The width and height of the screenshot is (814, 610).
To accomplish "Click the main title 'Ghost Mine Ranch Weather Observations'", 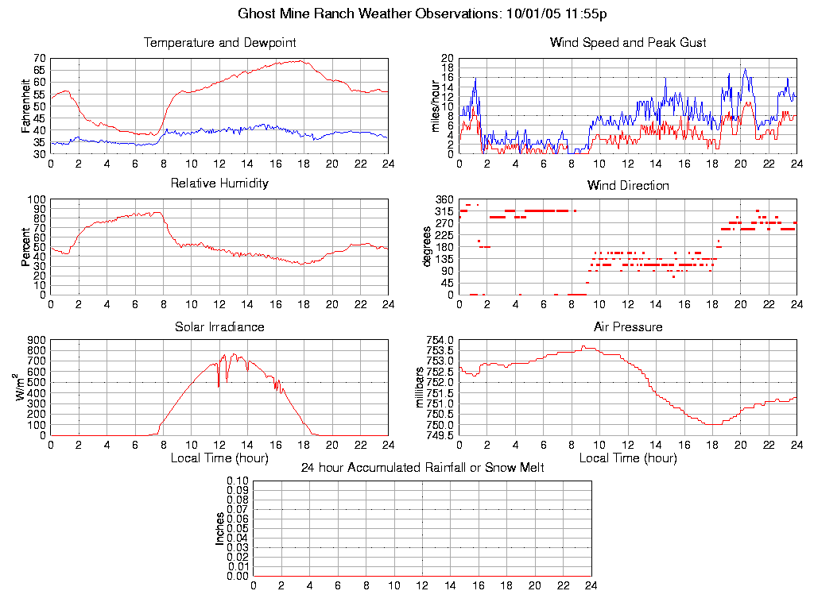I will click(370, 14).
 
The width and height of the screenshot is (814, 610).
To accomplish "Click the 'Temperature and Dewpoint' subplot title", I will click(219, 42).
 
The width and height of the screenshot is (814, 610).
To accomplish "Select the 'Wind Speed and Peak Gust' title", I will click(628, 42).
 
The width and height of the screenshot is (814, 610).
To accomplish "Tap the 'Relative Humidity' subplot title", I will click(219, 183).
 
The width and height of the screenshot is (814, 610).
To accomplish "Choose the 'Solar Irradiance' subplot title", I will click(219, 326).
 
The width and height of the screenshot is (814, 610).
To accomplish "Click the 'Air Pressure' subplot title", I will click(628, 326).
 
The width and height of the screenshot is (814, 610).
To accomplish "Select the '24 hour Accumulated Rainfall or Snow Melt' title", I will click(422, 468).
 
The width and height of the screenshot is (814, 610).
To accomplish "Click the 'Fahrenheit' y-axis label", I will click(26, 106).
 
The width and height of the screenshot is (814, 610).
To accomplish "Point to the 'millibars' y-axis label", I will click(421, 388).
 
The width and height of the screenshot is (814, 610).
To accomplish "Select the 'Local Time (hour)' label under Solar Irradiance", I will click(219, 457).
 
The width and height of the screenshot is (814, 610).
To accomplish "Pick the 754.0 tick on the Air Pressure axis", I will click(438, 340).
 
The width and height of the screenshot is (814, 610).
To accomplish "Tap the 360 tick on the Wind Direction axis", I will click(444, 199).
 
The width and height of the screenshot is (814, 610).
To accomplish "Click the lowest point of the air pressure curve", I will click(711, 424).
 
